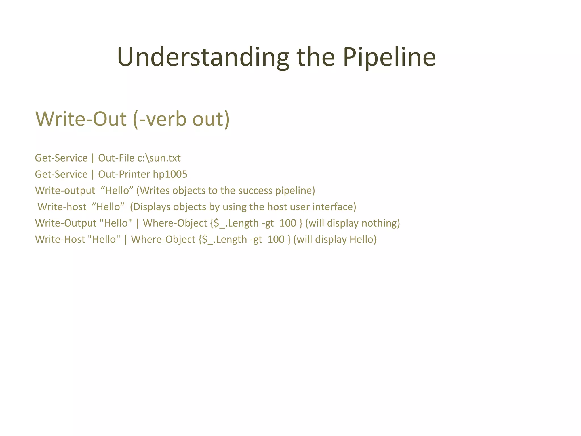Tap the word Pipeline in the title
point(389,57)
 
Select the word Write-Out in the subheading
point(81,119)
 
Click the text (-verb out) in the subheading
point(181,119)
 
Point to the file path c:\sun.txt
point(159,158)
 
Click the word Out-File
point(116,158)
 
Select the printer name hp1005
point(170,174)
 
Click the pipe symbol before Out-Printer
point(93,174)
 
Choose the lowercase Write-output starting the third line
point(65,190)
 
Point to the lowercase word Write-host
point(62,207)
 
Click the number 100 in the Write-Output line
point(288,223)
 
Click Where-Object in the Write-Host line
point(163,239)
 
